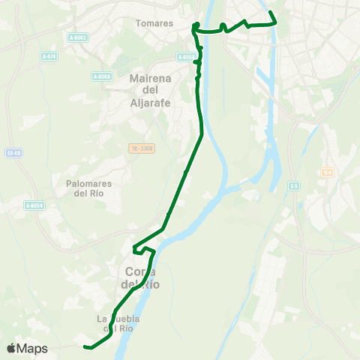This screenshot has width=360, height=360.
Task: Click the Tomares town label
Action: [x=154, y=23]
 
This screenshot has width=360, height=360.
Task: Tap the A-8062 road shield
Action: [x=77, y=37]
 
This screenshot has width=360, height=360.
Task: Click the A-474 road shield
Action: [x=49, y=56]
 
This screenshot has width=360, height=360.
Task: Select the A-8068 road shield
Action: [x=102, y=76]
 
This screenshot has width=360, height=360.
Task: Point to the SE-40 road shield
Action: [x=12, y=153]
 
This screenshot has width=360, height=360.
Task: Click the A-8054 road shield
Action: [x=34, y=205]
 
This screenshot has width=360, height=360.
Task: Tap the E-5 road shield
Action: [x=295, y=184]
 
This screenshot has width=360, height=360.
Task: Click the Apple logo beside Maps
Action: [x=11, y=348]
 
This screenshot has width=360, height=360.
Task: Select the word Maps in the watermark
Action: [x=32, y=348]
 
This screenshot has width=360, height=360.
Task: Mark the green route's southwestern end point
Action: [x=85, y=346]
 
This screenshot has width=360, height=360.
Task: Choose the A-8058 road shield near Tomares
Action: [x=187, y=56]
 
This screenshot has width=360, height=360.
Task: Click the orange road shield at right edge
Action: [x=326, y=173]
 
